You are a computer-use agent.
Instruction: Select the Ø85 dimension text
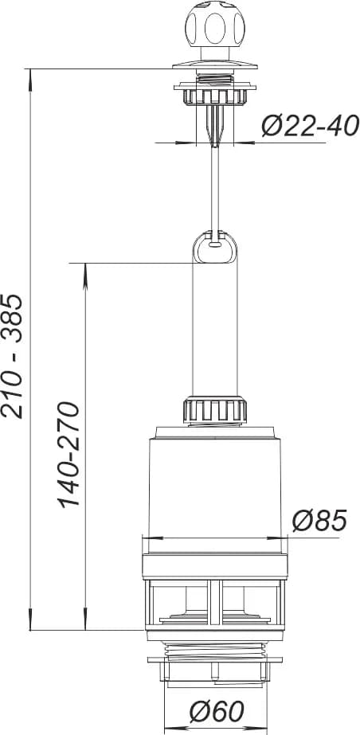pos(319,520)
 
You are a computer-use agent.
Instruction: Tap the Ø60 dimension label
pos(217,712)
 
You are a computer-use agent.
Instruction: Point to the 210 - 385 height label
pos(12,356)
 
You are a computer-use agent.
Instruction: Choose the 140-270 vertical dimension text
pos(69,455)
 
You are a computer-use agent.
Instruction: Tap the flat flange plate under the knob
pos(215,65)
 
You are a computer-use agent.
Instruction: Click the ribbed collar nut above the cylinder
pos(215,410)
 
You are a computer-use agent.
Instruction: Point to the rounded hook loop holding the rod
pos(215,246)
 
